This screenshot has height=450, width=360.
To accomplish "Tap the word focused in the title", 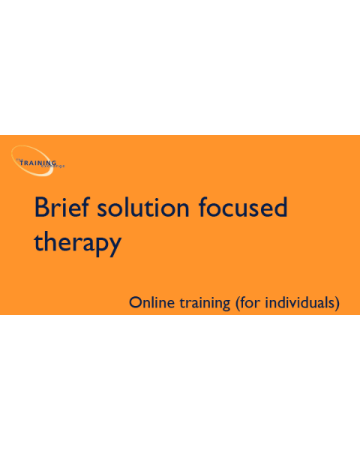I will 243,207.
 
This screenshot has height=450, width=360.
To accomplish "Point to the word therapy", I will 77,243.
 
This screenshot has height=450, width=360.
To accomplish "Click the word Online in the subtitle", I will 148,303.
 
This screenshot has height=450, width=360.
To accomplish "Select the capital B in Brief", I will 42,207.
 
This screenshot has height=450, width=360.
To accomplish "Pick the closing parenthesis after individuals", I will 338,304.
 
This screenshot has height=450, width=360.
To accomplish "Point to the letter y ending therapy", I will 114,246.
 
